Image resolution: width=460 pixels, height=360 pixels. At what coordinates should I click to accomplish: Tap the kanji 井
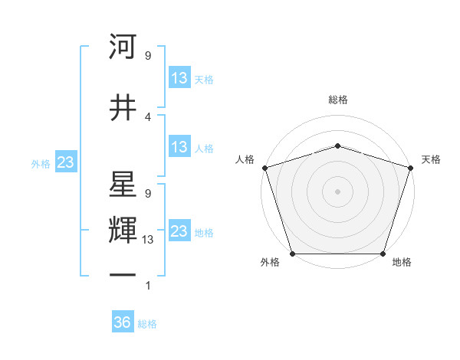[x=123, y=106]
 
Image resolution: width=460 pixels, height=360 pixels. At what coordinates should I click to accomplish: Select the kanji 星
[x=123, y=185]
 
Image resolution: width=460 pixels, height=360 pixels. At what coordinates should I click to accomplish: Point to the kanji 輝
[x=123, y=229]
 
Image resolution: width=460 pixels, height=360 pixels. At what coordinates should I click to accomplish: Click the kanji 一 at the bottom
[x=123, y=273]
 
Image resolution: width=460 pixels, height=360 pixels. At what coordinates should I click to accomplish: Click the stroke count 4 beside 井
[x=148, y=116]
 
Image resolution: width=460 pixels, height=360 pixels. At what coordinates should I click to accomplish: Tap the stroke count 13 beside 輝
[x=149, y=239]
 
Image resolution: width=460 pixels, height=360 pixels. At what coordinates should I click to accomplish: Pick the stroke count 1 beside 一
[x=148, y=286]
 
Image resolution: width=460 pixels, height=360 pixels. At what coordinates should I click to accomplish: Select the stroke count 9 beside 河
[x=148, y=55]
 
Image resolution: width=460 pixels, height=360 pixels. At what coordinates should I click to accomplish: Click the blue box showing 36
[x=123, y=322]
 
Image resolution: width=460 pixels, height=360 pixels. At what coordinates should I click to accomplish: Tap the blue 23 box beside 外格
[x=65, y=162]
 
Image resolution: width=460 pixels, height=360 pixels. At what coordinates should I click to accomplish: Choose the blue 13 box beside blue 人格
[x=179, y=147]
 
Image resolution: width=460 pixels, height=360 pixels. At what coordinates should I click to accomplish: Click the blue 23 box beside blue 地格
[x=179, y=231]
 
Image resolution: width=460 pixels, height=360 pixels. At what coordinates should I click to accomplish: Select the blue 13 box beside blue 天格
[x=179, y=78]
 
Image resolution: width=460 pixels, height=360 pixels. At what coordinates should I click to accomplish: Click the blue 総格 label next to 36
[x=147, y=324]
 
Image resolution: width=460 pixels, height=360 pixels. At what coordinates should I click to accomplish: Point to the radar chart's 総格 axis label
[x=337, y=100]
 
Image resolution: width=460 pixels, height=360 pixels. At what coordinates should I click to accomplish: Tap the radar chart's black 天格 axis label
[x=432, y=159]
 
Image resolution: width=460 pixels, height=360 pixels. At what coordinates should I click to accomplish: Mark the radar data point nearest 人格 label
[x=265, y=168]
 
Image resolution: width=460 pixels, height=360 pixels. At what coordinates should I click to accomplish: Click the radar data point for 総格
[x=337, y=146]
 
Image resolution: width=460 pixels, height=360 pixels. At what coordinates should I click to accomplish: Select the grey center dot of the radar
[x=337, y=191]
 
